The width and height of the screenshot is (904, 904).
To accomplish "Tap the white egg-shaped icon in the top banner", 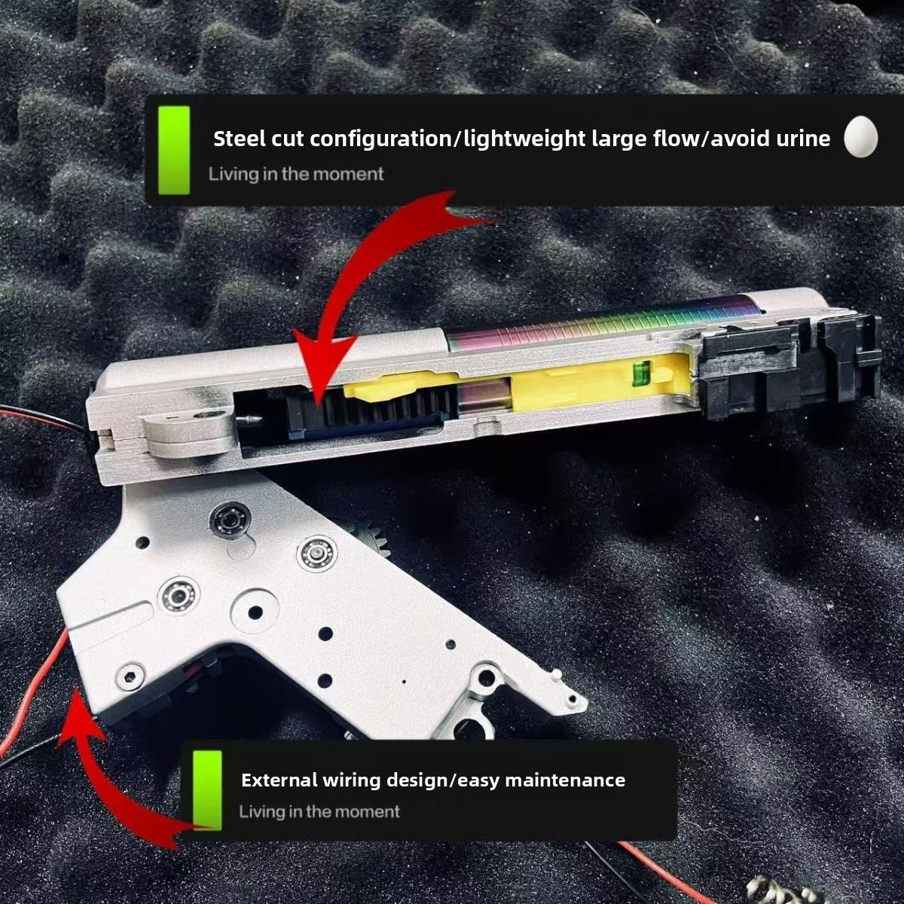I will pyautogui.click(x=861, y=136).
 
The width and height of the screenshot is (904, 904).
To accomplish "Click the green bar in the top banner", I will pyautogui.click(x=174, y=150).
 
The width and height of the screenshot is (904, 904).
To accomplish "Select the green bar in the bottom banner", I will pyautogui.click(x=207, y=789).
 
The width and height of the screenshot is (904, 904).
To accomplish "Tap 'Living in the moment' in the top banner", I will pyautogui.click(x=296, y=174).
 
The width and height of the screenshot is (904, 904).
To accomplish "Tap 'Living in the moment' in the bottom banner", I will pyautogui.click(x=319, y=811).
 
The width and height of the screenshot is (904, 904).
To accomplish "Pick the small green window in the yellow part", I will pyautogui.click(x=642, y=368).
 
